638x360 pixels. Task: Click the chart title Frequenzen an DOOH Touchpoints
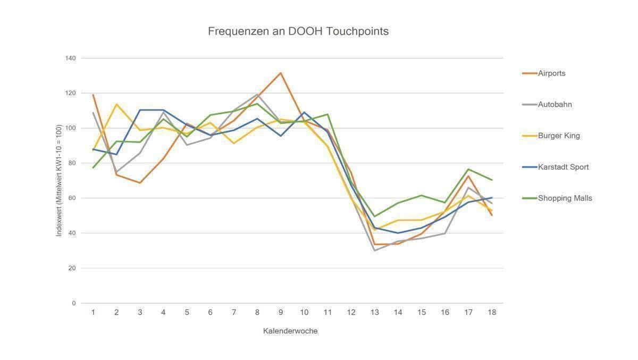298,31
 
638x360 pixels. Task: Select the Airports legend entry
551,73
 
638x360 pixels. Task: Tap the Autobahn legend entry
555,104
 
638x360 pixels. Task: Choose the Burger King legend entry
559,136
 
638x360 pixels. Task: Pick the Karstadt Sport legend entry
563,167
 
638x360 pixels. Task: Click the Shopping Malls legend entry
565,198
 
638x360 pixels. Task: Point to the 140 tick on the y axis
71,58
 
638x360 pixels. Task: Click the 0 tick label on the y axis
74,303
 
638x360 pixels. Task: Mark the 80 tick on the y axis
72,163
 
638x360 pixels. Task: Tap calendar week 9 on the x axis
281,313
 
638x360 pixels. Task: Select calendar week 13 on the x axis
374,313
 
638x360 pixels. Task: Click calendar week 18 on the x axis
492,313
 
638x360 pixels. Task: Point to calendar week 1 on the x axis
93,313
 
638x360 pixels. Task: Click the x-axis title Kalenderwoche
290,331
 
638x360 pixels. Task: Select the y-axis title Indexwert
59,181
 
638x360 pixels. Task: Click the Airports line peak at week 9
281,73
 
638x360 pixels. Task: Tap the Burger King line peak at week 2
116,104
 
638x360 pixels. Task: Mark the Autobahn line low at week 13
374,250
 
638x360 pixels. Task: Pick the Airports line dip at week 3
140,183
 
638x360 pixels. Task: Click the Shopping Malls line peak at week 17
468,169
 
